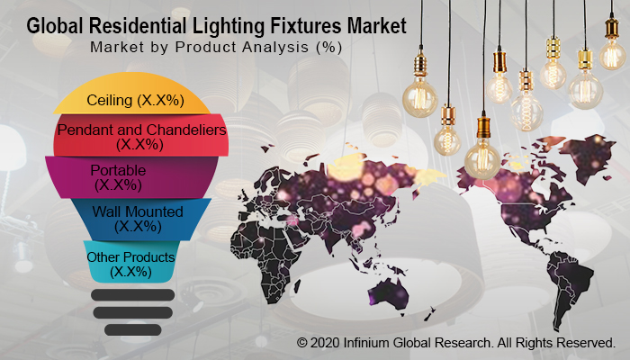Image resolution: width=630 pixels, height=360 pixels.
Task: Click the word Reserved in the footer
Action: point(585,343)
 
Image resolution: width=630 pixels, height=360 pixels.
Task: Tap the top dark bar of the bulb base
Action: point(132,295)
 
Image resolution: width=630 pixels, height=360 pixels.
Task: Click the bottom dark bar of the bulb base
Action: point(132,328)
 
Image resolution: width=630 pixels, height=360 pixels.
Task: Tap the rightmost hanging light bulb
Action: point(614,54)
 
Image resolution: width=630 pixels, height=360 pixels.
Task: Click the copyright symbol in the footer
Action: point(303,343)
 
